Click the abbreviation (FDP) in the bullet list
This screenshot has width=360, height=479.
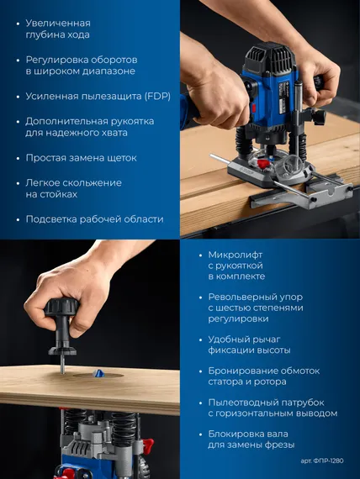coord(157,97)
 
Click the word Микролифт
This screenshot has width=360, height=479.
coord(236,255)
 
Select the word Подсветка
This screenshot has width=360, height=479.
coord(51,219)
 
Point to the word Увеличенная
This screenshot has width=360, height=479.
coord(58,24)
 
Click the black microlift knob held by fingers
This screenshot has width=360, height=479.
coord(61,308)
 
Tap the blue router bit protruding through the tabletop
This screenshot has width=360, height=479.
coord(98,373)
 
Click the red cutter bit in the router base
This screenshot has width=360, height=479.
coord(262,163)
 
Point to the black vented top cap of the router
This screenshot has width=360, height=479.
coord(271,59)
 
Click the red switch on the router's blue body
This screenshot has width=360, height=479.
coord(253,108)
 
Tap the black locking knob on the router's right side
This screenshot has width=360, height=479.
coord(319,116)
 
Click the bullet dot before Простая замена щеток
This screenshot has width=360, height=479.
coord(19,159)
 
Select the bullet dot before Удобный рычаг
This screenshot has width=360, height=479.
coord(201,340)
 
